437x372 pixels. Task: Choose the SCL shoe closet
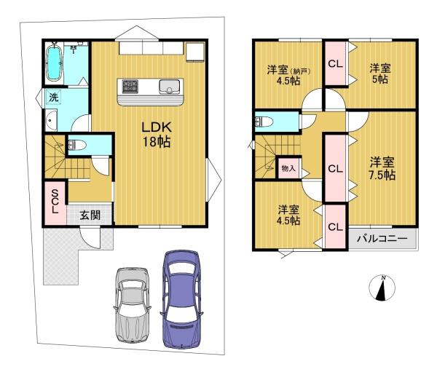coord(55,198)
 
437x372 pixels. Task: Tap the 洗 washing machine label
coord(54,97)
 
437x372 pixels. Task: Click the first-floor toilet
coord(76,145)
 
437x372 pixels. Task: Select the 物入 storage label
coord(288,168)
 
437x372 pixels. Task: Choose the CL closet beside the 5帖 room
coord(335,63)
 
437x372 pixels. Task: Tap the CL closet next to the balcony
coord(335,227)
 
